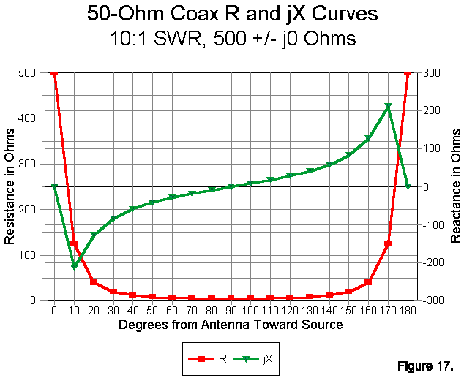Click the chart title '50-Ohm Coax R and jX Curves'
(231, 14)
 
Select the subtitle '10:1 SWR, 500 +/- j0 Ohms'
(231, 38)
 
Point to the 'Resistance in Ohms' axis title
(10, 186)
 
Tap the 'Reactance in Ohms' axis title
(455, 186)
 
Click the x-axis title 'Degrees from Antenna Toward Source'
(231, 324)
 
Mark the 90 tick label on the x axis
(231, 310)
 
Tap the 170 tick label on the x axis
(389, 310)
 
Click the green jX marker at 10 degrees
(74, 266)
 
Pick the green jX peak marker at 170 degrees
(389, 107)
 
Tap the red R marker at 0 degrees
(54, 73)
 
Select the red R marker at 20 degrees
(94, 281)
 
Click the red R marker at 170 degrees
(389, 243)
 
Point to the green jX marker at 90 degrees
(231, 186)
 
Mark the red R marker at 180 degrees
(408, 73)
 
